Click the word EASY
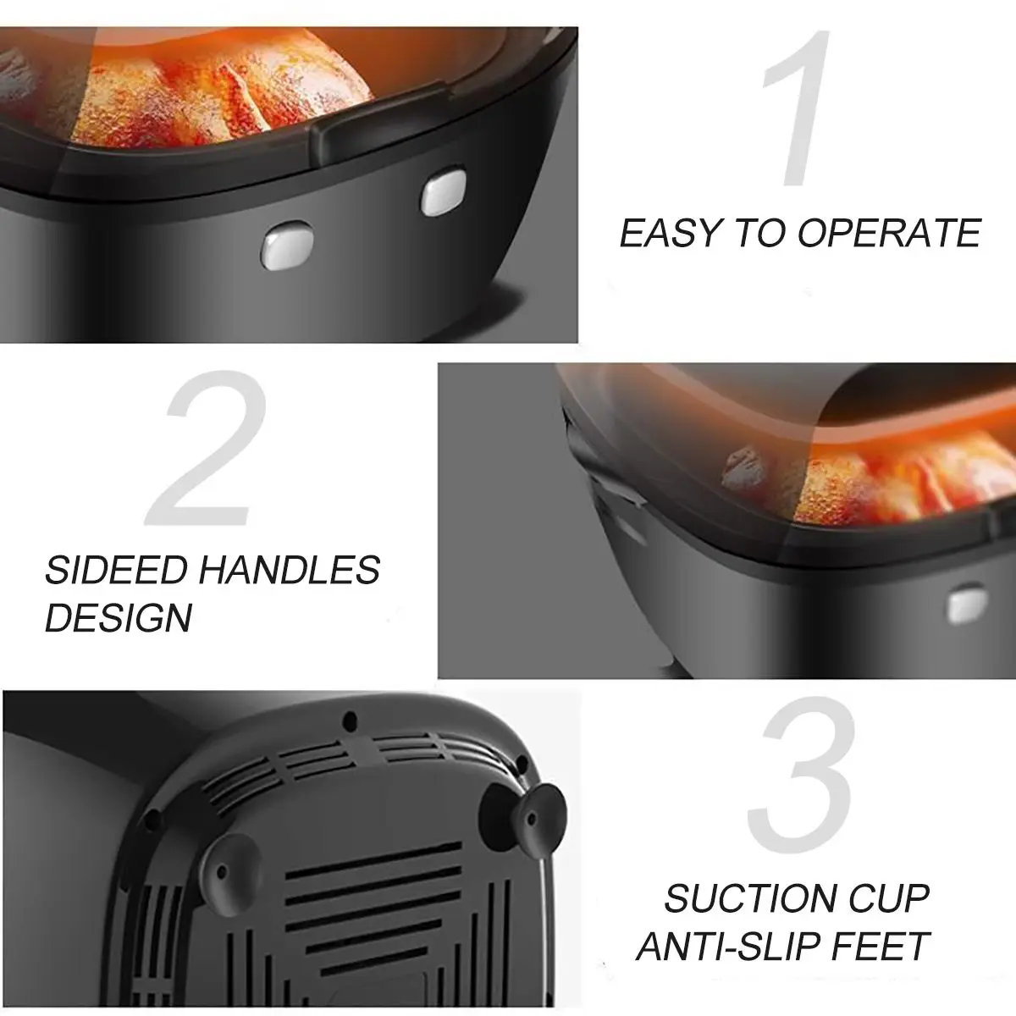click(670, 233)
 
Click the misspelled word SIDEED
click(117, 570)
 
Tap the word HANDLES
click(290, 570)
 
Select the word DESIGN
click(119, 617)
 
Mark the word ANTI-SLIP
click(727, 947)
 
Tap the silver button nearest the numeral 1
click(444, 191)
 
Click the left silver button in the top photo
click(287, 246)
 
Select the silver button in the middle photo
click(967, 603)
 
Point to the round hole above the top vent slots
click(350, 721)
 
